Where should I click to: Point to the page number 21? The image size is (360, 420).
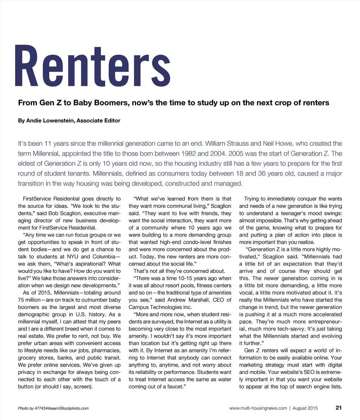pyautogui.click(x=339, y=408)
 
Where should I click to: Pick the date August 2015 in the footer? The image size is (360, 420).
pyautogui.click(x=305, y=408)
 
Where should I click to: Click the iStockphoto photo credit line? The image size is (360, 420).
pyautogui.click(x=53, y=408)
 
